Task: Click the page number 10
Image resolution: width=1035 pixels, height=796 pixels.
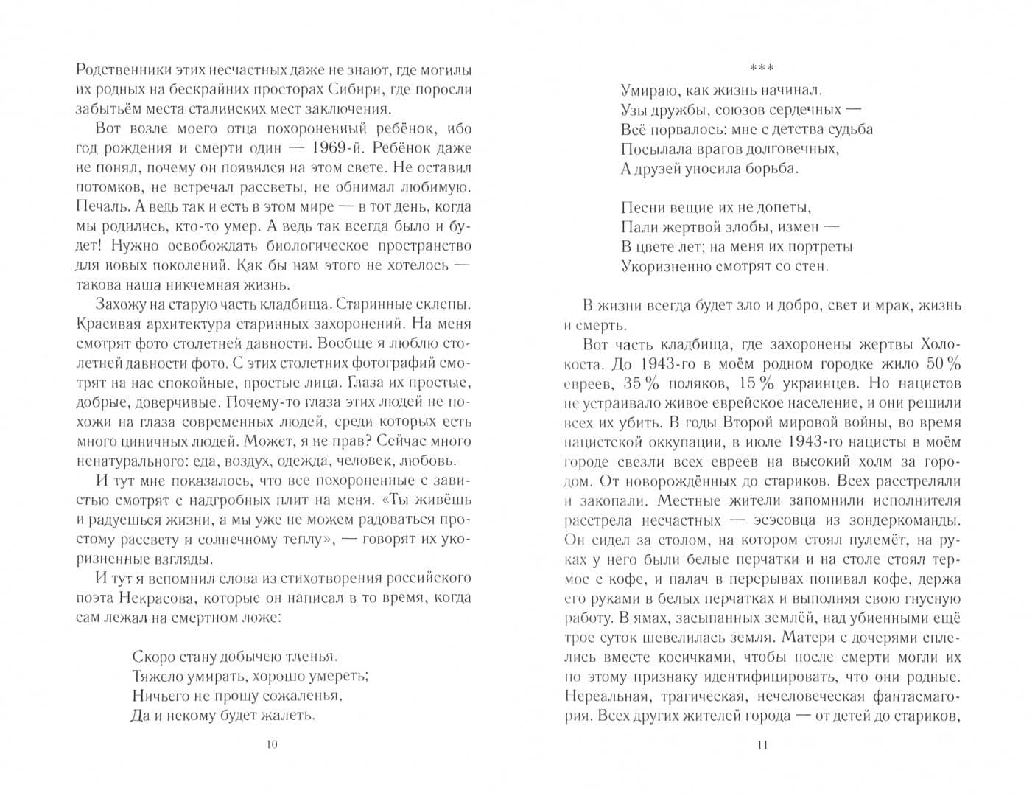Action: coord(272,745)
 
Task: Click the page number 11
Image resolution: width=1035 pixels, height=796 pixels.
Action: coord(762,745)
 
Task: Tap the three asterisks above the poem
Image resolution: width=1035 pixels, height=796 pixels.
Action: coord(762,69)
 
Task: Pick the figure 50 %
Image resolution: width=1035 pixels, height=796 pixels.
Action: coord(944,363)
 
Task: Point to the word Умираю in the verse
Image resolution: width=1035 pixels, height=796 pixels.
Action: coord(646,91)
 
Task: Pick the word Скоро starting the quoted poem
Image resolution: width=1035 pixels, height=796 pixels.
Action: coord(152,655)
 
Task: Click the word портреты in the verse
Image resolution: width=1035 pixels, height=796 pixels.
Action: coord(820,246)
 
